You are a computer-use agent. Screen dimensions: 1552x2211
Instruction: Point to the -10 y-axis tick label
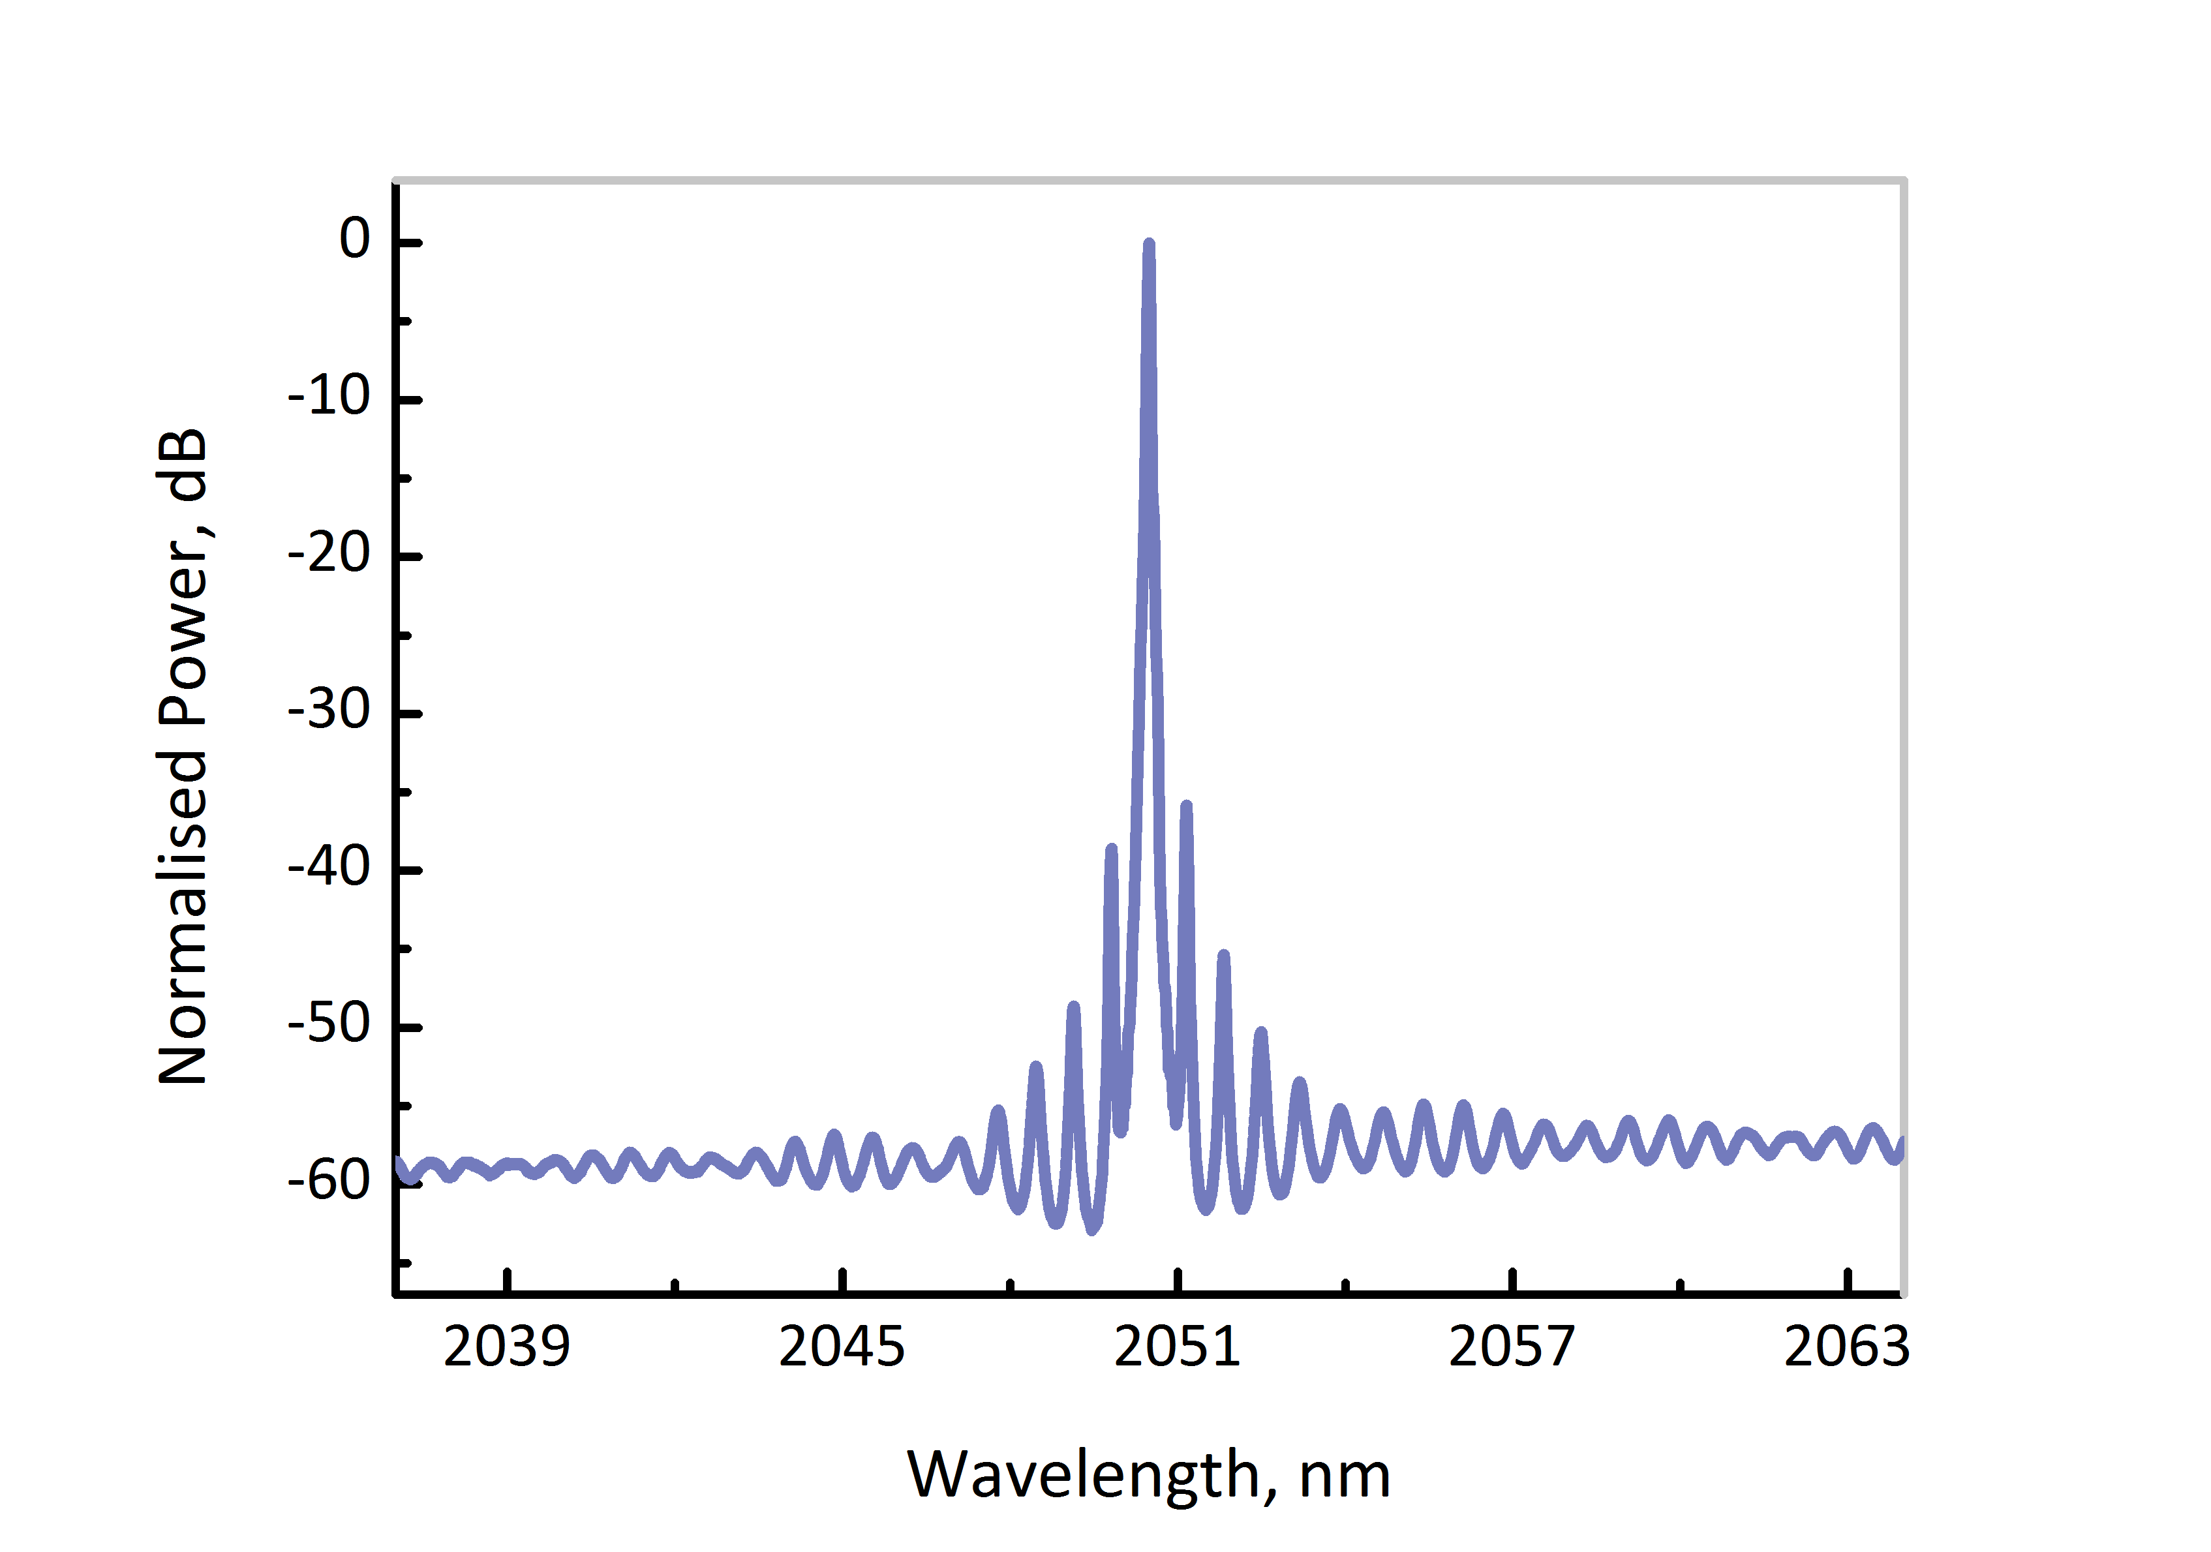point(329,396)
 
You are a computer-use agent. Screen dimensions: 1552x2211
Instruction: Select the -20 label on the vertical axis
point(329,554)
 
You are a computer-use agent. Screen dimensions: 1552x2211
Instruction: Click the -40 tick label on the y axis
point(329,868)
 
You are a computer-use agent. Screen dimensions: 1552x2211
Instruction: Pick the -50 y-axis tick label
point(329,1024)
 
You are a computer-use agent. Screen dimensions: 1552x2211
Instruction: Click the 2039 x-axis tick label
point(506,1347)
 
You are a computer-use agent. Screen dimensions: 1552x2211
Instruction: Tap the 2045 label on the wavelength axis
point(842,1347)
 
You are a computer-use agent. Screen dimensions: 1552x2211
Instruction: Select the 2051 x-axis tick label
point(1177,1347)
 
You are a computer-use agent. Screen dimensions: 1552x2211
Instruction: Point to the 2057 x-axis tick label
point(1512,1347)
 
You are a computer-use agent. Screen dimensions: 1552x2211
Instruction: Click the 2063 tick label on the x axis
point(1846,1347)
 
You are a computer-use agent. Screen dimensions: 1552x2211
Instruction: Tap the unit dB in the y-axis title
point(183,465)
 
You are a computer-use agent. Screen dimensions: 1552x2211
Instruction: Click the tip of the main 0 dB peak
point(1149,245)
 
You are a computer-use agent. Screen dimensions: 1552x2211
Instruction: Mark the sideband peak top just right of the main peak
point(1186,807)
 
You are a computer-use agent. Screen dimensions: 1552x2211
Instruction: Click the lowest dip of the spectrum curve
point(1092,1228)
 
